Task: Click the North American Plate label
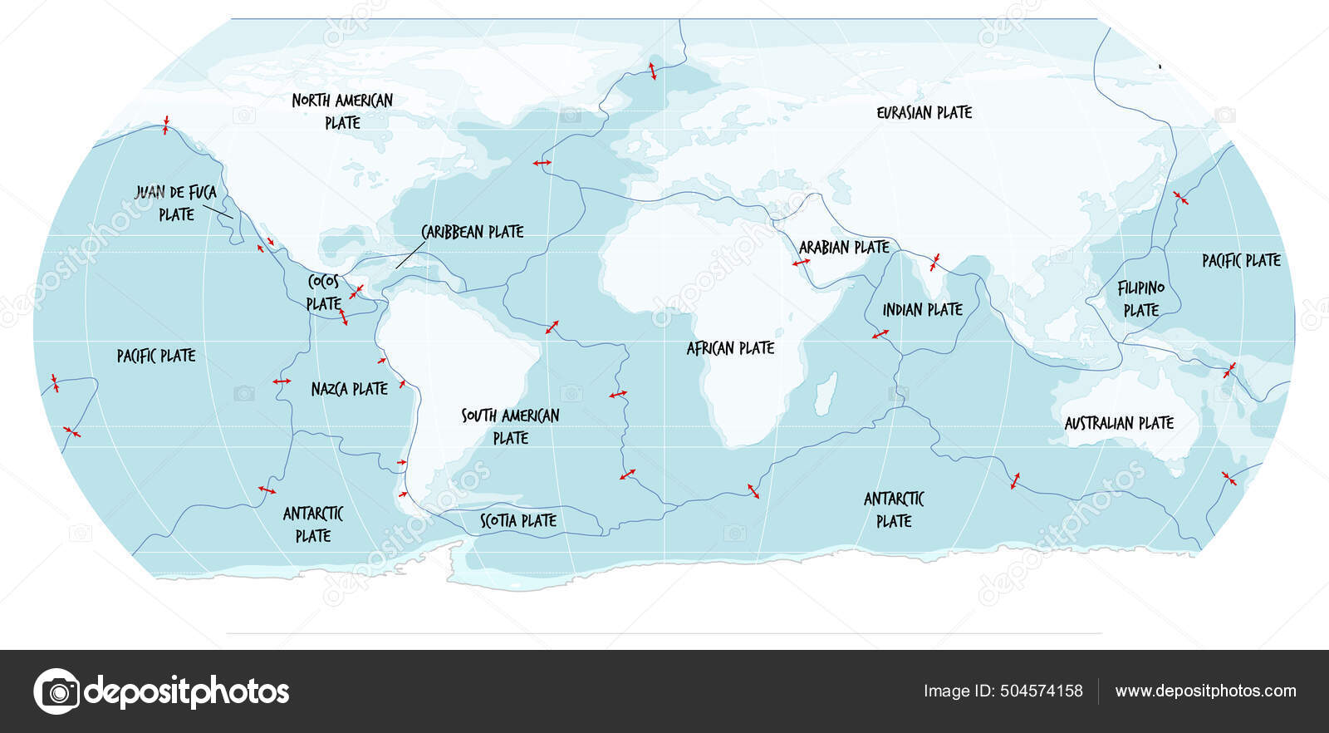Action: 342,111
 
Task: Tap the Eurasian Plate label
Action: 924,112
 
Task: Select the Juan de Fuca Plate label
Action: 176,203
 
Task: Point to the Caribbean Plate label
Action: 472,232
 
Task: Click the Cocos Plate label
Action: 323,293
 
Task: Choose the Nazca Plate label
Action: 349,389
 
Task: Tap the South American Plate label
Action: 510,426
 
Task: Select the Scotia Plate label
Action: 518,521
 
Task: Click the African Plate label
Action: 730,348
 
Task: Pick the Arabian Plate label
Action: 844,248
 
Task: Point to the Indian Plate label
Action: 922,310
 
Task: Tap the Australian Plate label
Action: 1119,423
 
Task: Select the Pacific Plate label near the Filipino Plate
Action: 1241,261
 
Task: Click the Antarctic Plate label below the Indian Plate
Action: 894,509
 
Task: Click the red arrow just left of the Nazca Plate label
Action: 282,381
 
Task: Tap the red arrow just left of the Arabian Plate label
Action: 801,263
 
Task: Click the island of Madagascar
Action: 825,394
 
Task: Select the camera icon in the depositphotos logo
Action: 57,691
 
